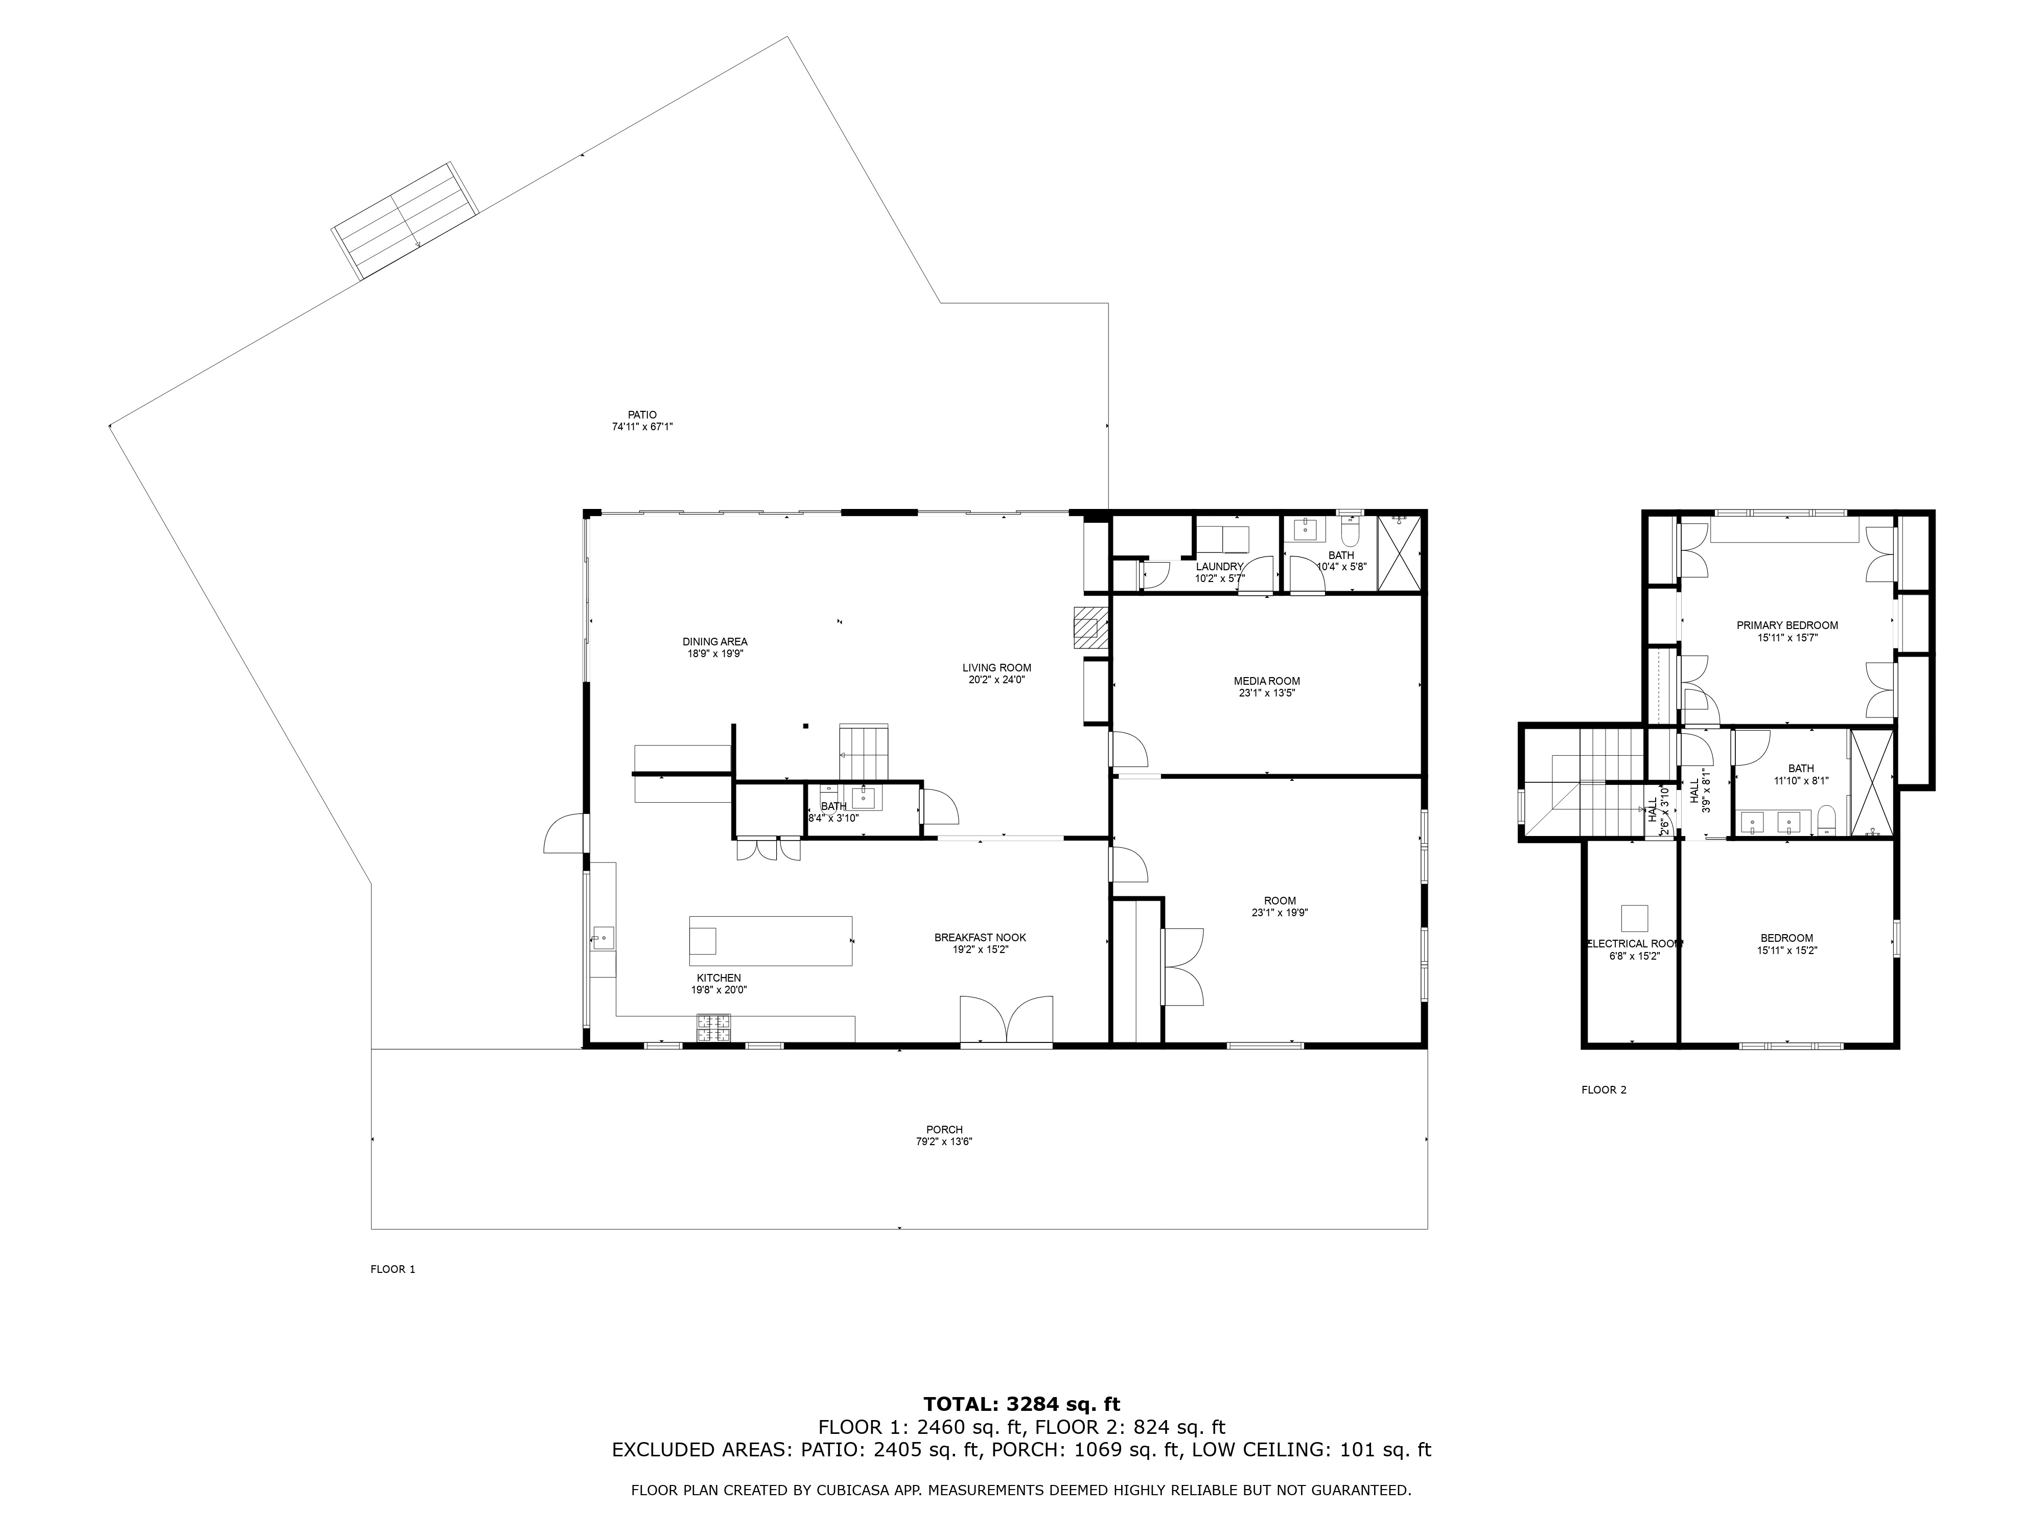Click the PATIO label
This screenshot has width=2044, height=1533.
pyautogui.click(x=642, y=415)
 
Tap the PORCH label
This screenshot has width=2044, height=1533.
pyautogui.click(x=944, y=1129)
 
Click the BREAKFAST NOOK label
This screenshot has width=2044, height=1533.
pyautogui.click(x=980, y=937)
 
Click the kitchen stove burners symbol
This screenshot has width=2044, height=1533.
pyautogui.click(x=712, y=1028)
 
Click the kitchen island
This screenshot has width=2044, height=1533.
pyautogui.click(x=771, y=941)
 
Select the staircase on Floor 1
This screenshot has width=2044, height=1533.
pyautogui.click(x=863, y=752)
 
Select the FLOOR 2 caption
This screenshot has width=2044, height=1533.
pyautogui.click(x=1604, y=1089)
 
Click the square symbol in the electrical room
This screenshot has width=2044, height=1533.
pyautogui.click(x=1635, y=918)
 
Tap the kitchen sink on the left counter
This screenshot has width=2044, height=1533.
pyautogui.click(x=603, y=938)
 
